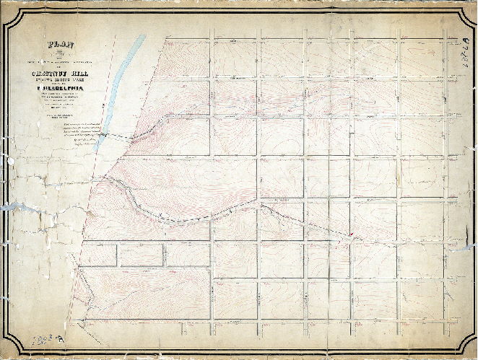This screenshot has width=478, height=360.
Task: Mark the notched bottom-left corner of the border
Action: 10,348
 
